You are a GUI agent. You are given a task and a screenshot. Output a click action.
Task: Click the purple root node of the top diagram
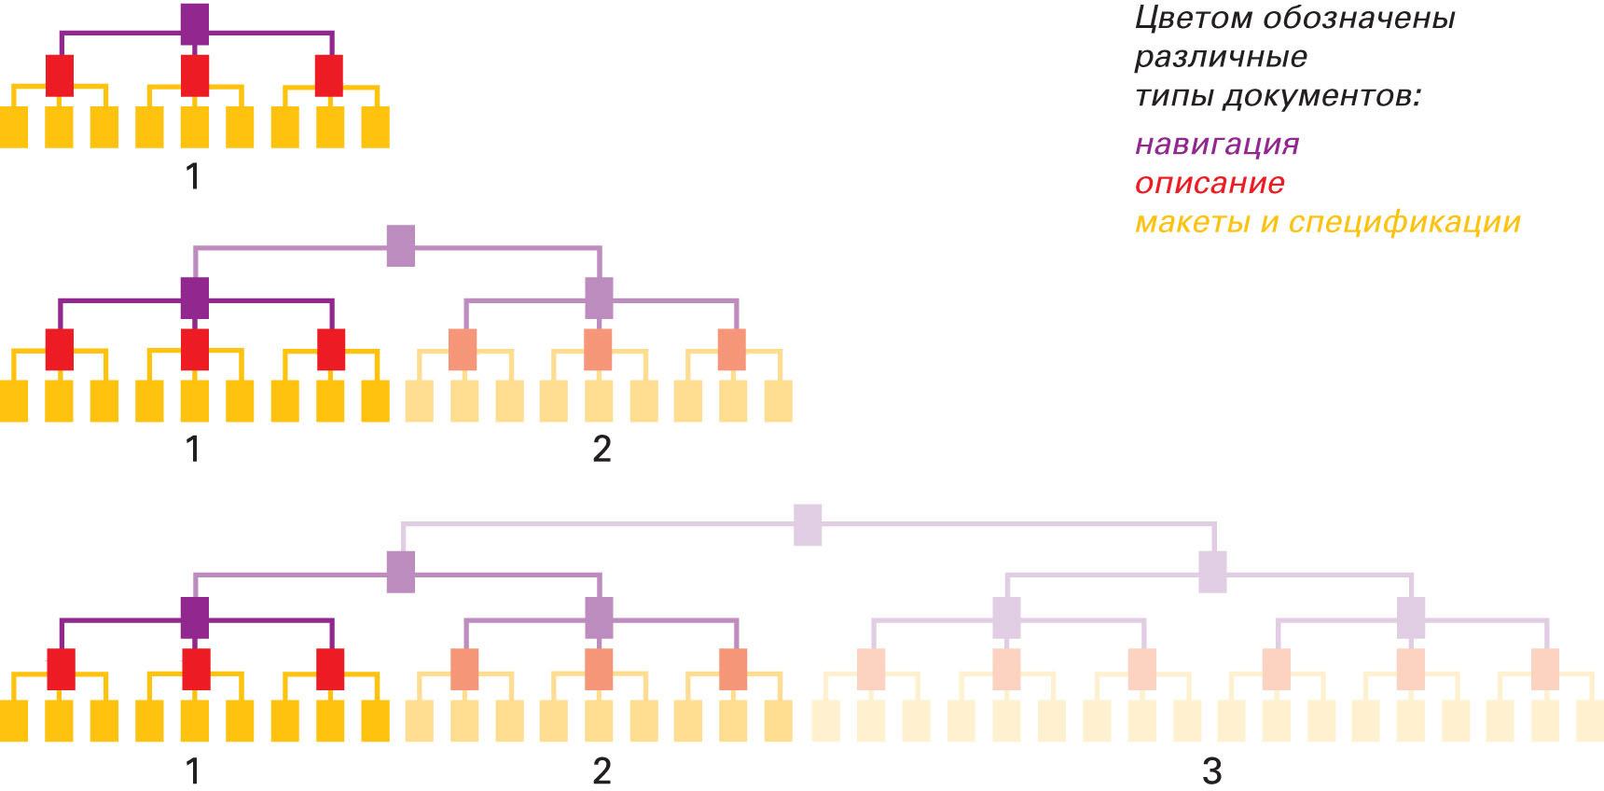(194, 23)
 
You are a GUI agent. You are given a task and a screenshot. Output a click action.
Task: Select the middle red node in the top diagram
(194, 75)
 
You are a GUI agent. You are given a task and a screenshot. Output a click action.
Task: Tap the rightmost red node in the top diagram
(328, 75)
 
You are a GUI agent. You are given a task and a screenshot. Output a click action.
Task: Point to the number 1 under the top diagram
(193, 176)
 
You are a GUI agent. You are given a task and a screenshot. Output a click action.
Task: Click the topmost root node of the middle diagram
(400, 245)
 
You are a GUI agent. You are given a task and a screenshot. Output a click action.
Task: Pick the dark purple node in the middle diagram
(194, 298)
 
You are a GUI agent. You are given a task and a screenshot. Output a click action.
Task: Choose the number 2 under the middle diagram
(601, 450)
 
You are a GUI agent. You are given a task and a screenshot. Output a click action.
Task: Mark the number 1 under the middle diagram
(193, 450)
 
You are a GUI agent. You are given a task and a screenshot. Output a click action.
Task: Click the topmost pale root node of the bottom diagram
(808, 524)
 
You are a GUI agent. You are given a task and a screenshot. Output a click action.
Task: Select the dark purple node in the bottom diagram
(194, 618)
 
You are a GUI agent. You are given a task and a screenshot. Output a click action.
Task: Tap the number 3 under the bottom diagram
(1211, 771)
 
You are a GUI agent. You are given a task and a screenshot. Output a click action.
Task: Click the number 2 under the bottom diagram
(601, 771)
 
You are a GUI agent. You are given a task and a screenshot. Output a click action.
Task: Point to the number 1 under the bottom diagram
(193, 771)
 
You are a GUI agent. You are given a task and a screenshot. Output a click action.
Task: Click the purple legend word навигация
(1217, 145)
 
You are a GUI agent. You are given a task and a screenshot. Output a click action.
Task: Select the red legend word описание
(1210, 184)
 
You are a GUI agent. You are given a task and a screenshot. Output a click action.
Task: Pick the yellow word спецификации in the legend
(1404, 223)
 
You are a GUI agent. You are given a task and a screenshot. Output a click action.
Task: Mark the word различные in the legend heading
(1221, 57)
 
